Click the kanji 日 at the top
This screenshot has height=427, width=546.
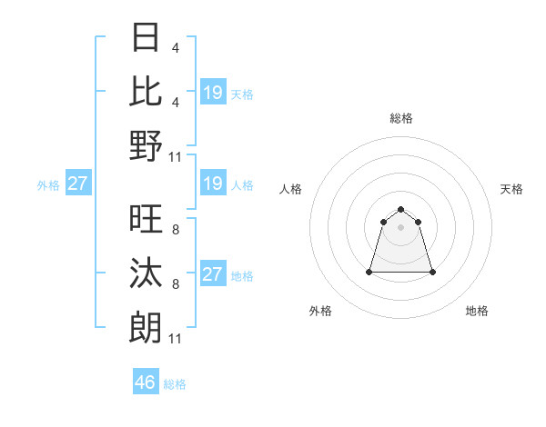pyautogui.click(x=147, y=39)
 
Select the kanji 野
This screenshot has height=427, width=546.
pyautogui.click(x=147, y=145)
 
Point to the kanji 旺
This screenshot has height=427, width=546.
pyautogui.click(x=147, y=220)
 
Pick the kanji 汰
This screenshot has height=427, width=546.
pyautogui.click(x=147, y=273)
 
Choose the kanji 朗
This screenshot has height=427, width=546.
pyautogui.click(x=147, y=326)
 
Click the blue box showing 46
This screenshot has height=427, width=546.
pyautogui.click(x=146, y=382)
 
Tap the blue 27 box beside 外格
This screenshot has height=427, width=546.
pyautogui.click(x=77, y=184)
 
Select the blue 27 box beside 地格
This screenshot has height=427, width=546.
pyautogui.click(x=212, y=274)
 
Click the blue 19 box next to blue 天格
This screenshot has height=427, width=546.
pyautogui.click(x=212, y=93)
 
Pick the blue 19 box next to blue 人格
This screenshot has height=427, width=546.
pyautogui.click(x=212, y=184)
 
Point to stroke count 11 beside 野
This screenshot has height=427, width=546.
pyautogui.click(x=176, y=157)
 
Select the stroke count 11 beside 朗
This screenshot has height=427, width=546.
pyautogui.click(x=176, y=338)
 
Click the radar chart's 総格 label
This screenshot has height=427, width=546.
pyautogui.click(x=401, y=118)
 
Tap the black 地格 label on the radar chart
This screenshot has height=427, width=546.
pyautogui.click(x=477, y=311)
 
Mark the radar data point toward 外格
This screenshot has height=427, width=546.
pyautogui.click(x=370, y=272)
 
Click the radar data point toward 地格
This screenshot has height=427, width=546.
pyautogui.click(x=432, y=272)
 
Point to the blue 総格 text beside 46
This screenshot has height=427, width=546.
pyautogui.click(x=175, y=384)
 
